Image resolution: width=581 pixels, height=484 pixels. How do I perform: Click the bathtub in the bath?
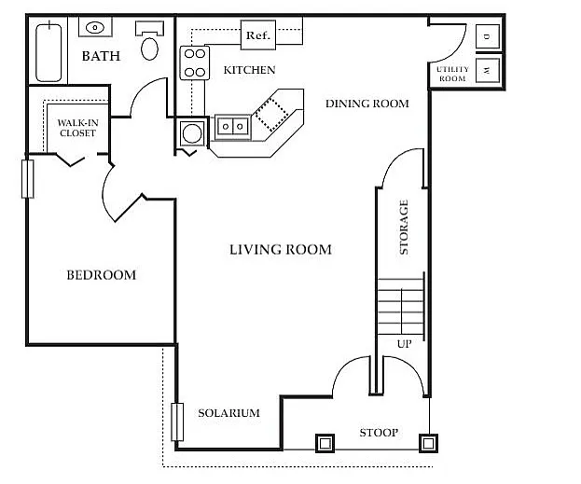coord(48,52)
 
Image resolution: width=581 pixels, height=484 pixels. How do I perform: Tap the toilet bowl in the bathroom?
coord(150,48)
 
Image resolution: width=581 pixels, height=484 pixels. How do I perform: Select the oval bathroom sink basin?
coord(95,27)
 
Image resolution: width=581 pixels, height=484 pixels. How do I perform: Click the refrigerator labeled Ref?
coord(258,35)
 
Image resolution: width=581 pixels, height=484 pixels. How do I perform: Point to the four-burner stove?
coord(195,62)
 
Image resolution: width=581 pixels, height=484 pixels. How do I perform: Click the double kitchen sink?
coord(233,127)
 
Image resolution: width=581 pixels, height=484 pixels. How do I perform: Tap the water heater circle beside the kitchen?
coord(192,133)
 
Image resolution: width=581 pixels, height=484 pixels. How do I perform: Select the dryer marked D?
coord(487,36)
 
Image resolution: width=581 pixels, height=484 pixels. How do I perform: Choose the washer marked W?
coord(487,70)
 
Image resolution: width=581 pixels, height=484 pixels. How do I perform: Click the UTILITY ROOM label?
coord(452,74)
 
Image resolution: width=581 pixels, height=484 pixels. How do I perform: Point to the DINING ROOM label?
coord(367,104)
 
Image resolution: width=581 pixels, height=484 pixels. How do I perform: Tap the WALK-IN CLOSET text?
coord(77,128)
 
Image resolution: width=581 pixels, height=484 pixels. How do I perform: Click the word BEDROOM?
coord(101,275)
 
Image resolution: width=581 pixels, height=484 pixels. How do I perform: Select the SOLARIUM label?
coord(228,413)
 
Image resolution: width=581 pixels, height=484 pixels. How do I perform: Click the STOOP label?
coord(379,433)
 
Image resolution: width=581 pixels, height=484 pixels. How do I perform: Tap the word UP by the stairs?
coord(404,344)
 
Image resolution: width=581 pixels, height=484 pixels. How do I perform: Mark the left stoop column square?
coord(325,443)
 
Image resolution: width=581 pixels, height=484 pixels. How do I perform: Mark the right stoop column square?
coord(428,443)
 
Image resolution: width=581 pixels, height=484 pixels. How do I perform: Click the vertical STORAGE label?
coord(404,228)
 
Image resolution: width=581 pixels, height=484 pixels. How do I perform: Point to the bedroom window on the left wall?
coord(28,179)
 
